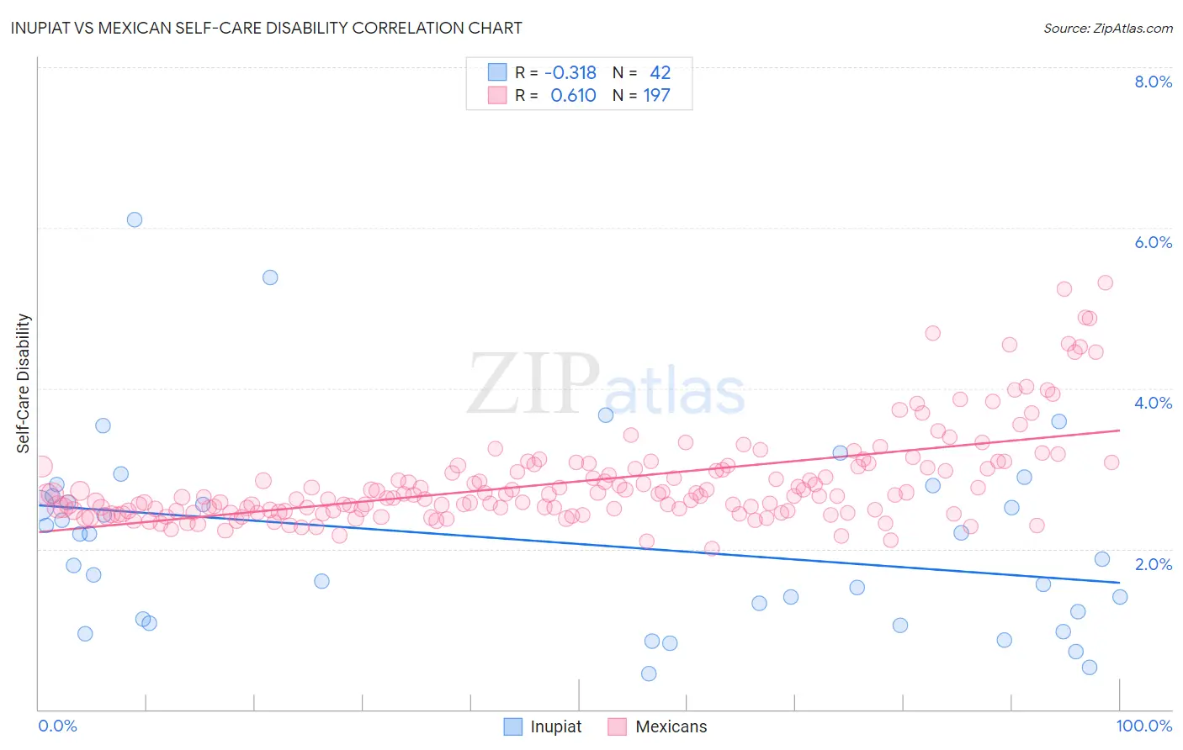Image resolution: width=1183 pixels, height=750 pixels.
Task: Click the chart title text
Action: click(266, 28)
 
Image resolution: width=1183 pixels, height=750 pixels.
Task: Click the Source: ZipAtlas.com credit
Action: click(1107, 28)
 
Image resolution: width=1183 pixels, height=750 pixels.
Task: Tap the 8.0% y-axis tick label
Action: click(1153, 82)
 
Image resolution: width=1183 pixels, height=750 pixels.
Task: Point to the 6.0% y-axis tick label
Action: click(1153, 242)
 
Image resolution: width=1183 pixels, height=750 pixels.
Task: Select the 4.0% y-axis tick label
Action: click(1153, 403)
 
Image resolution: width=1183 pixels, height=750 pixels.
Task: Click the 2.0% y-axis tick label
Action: click(1153, 564)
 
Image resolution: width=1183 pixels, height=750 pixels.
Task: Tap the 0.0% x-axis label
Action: click(57, 726)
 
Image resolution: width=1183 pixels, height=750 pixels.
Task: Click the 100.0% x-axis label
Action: click(1143, 726)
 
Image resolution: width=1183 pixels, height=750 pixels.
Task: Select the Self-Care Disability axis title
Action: click(23, 383)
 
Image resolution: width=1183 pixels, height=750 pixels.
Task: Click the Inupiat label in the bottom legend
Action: click(555, 726)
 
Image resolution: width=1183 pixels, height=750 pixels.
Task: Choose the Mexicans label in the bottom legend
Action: click(671, 726)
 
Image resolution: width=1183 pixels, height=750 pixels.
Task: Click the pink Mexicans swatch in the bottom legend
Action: click(617, 726)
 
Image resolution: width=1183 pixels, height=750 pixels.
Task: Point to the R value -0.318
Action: click(570, 73)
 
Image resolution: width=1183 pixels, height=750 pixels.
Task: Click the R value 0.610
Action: click(573, 96)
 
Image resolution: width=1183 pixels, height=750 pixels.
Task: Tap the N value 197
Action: click(656, 96)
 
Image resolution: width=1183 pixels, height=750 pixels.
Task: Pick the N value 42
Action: click(660, 73)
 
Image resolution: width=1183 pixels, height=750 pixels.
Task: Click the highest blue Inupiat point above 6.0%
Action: click(135, 219)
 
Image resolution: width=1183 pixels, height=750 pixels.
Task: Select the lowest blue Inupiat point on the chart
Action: click(649, 673)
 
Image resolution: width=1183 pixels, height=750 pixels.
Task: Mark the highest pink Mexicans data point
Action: click(1106, 283)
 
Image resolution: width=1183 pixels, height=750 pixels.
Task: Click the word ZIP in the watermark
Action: click(533, 383)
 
